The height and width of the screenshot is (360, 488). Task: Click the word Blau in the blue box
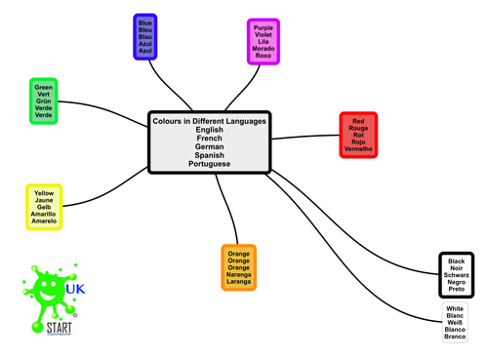pyautogui.click(x=144, y=35)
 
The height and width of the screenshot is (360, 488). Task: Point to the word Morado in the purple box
pyautogui.click(x=263, y=49)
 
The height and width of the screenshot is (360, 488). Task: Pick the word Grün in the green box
pyautogui.click(x=43, y=100)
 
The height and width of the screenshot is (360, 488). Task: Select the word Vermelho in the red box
pyautogui.click(x=358, y=148)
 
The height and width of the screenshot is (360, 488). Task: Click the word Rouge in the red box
pyautogui.click(x=358, y=127)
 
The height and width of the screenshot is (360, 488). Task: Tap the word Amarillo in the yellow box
pyautogui.click(x=44, y=215)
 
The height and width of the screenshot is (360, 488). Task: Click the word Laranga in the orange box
pyautogui.click(x=238, y=284)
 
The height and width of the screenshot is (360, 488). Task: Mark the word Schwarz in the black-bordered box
pyautogui.click(x=455, y=276)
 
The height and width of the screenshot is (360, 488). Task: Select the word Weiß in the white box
pyautogui.click(x=455, y=323)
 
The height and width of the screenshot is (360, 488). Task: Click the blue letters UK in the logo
pyautogui.click(x=73, y=290)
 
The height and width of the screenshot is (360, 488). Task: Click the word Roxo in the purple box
pyautogui.click(x=263, y=57)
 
